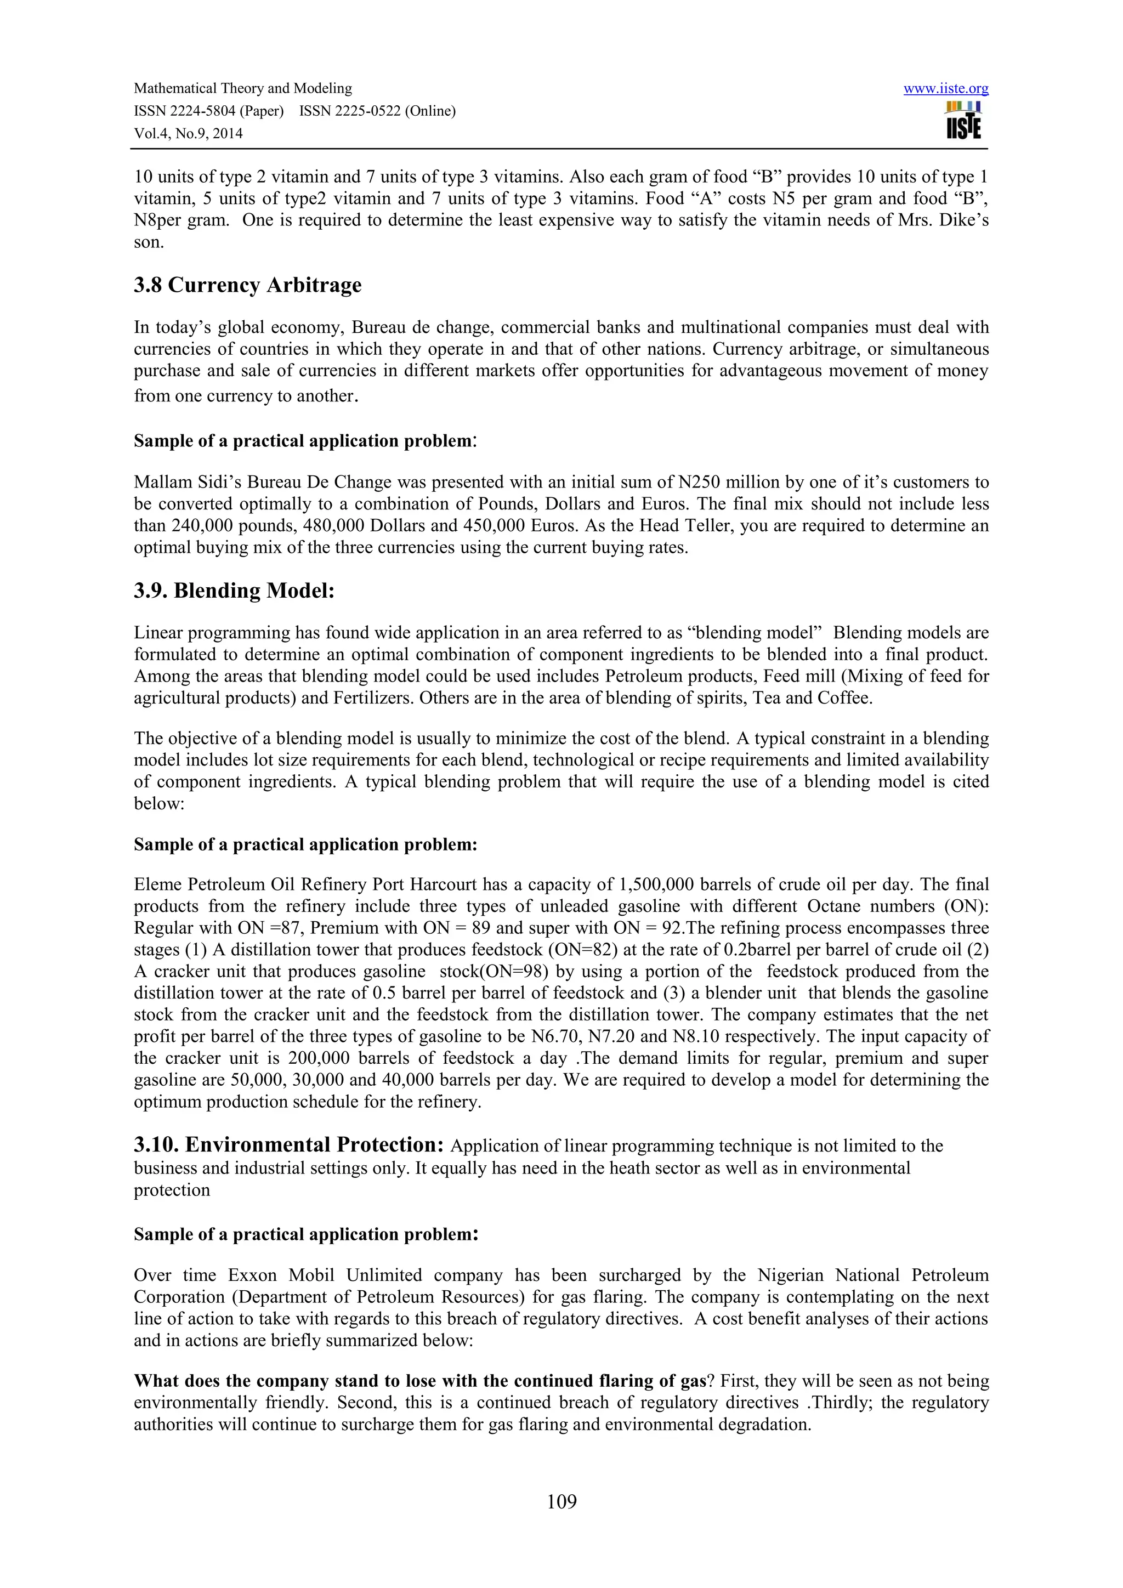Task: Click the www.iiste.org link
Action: pos(945,88)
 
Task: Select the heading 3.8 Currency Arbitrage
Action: pos(247,285)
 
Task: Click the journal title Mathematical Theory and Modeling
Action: pos(243,88)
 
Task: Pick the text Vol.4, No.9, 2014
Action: pos(188,133)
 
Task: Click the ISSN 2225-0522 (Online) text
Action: pos(378,111)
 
